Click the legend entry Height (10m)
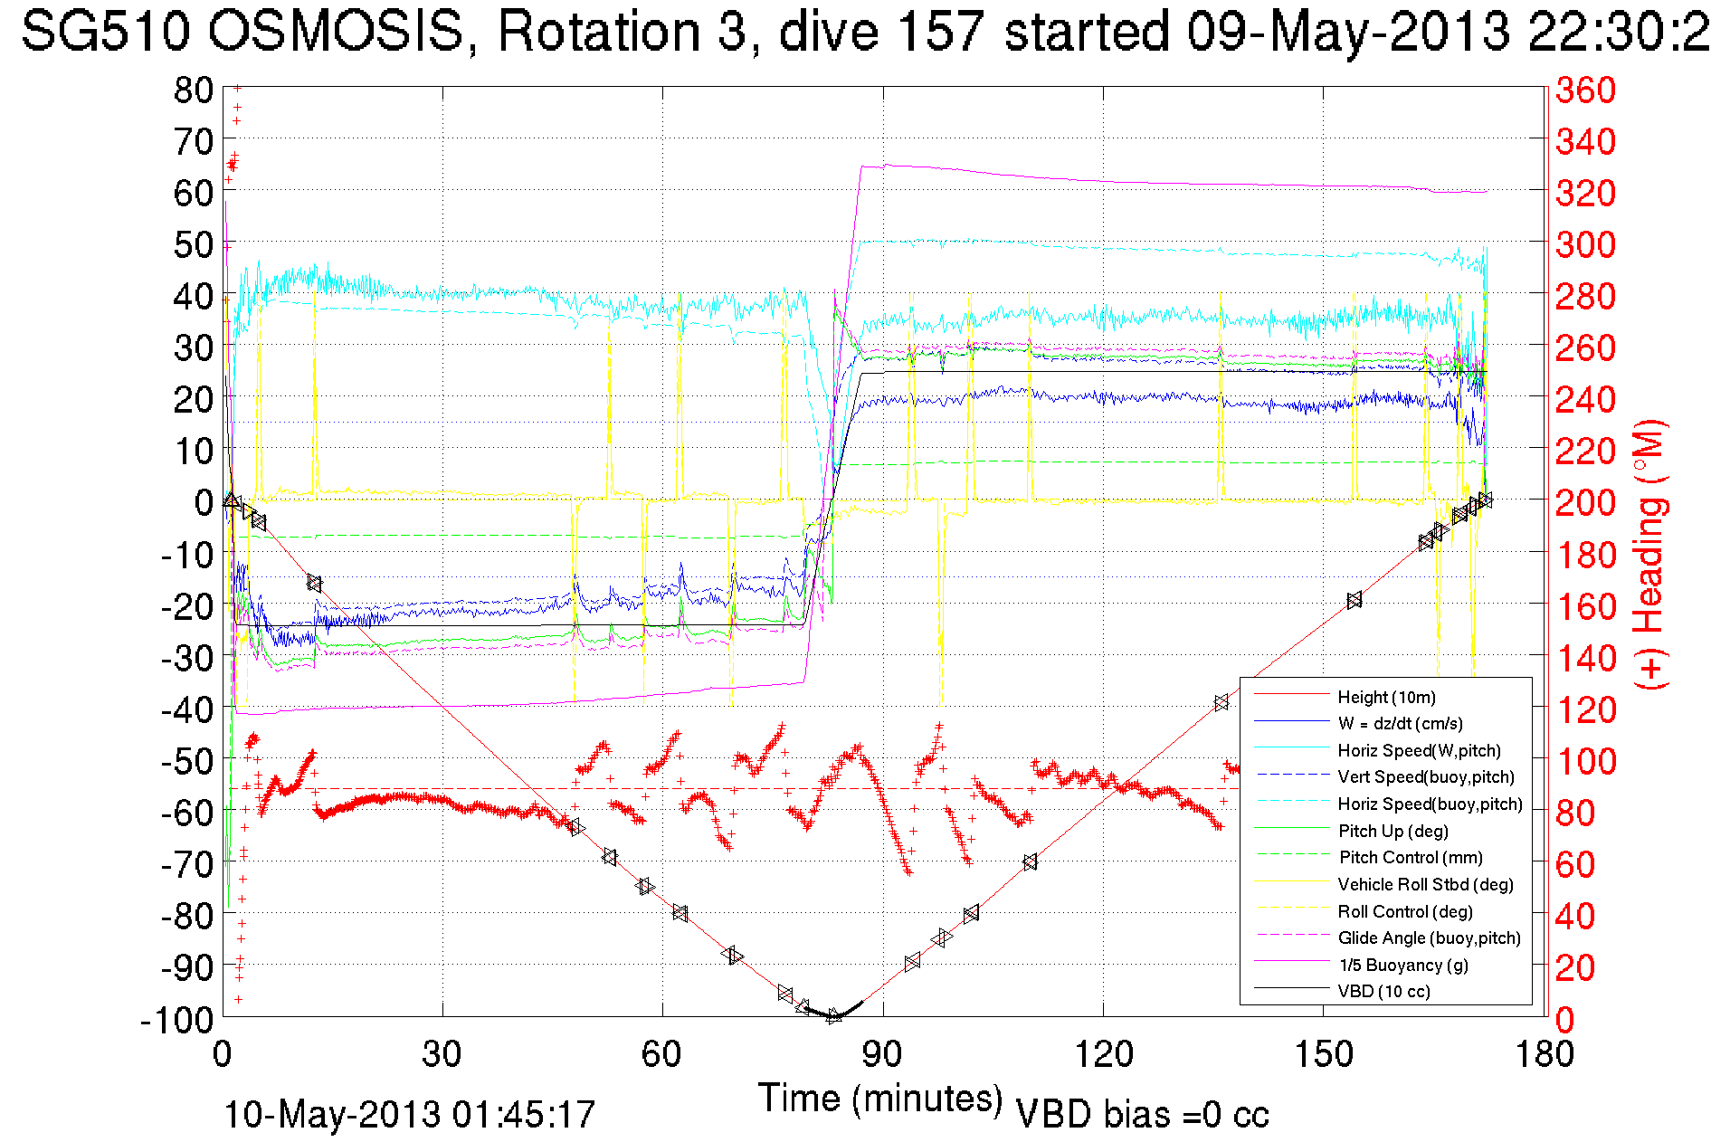1386,697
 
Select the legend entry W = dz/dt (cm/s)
1400,724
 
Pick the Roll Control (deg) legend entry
1404,911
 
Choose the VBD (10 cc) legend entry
1383,992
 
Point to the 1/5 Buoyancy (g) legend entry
1402,965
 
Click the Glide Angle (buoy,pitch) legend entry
1429,938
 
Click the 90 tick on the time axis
882,1054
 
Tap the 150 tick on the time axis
1324,1054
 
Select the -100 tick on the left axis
177,1020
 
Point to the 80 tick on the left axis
193,90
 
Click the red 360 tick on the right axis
1585,90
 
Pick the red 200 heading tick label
1585,502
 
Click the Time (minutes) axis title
880,1099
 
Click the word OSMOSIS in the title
336,32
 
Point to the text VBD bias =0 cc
1142,1115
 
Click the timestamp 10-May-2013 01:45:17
409,1115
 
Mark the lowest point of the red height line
834,1017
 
